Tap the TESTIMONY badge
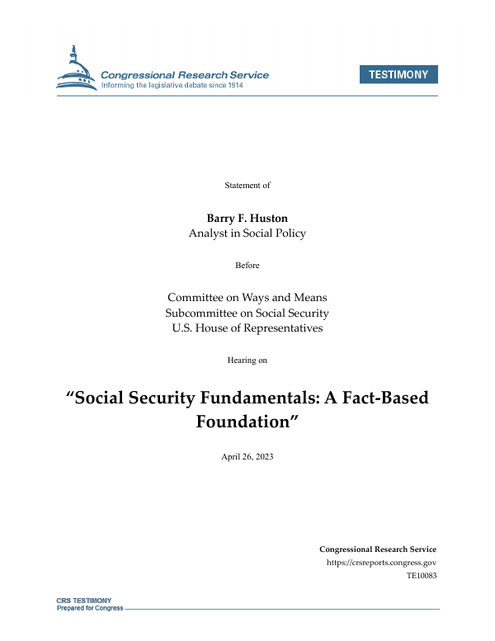(398, 74)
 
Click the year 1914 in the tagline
(256, 86)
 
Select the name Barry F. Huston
(247, 218)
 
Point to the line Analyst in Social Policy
(247, 233)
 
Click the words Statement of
(247, 185)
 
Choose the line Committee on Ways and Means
(247, 297)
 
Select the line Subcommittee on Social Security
(247, 313)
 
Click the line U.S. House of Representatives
(247, 328)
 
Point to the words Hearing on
(247, 360)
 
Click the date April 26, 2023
(247, 456)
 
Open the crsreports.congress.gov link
(381, 563)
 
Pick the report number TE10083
(421, 576)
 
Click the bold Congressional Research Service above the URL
(377, 549)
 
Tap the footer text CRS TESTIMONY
(83, 601)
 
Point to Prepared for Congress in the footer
(89, 608)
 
